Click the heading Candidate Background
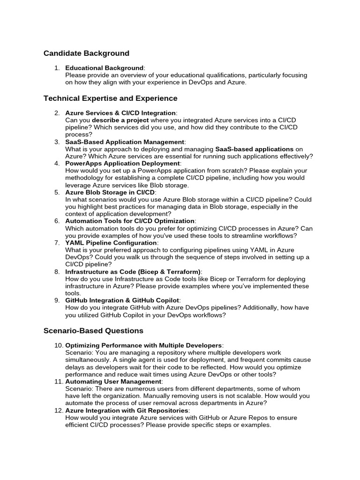click(86, 53)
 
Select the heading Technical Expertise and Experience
click(111, 98)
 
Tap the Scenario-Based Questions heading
click(93, 331)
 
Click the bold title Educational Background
click(104, 68)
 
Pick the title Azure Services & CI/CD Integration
click(120, 113)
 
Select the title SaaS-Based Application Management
click(125, 142)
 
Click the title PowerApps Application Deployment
click(122, 164)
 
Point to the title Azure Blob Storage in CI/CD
click(110, 192)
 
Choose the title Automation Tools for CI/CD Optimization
click(130, 221)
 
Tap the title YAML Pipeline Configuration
click(111, 243)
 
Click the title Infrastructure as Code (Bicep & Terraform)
click(133, 272)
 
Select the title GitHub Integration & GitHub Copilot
click(122, 300)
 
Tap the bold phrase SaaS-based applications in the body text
click(255, 149)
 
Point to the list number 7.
click(57, 243)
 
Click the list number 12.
click(58, 411)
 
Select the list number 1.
click(57, 68)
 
